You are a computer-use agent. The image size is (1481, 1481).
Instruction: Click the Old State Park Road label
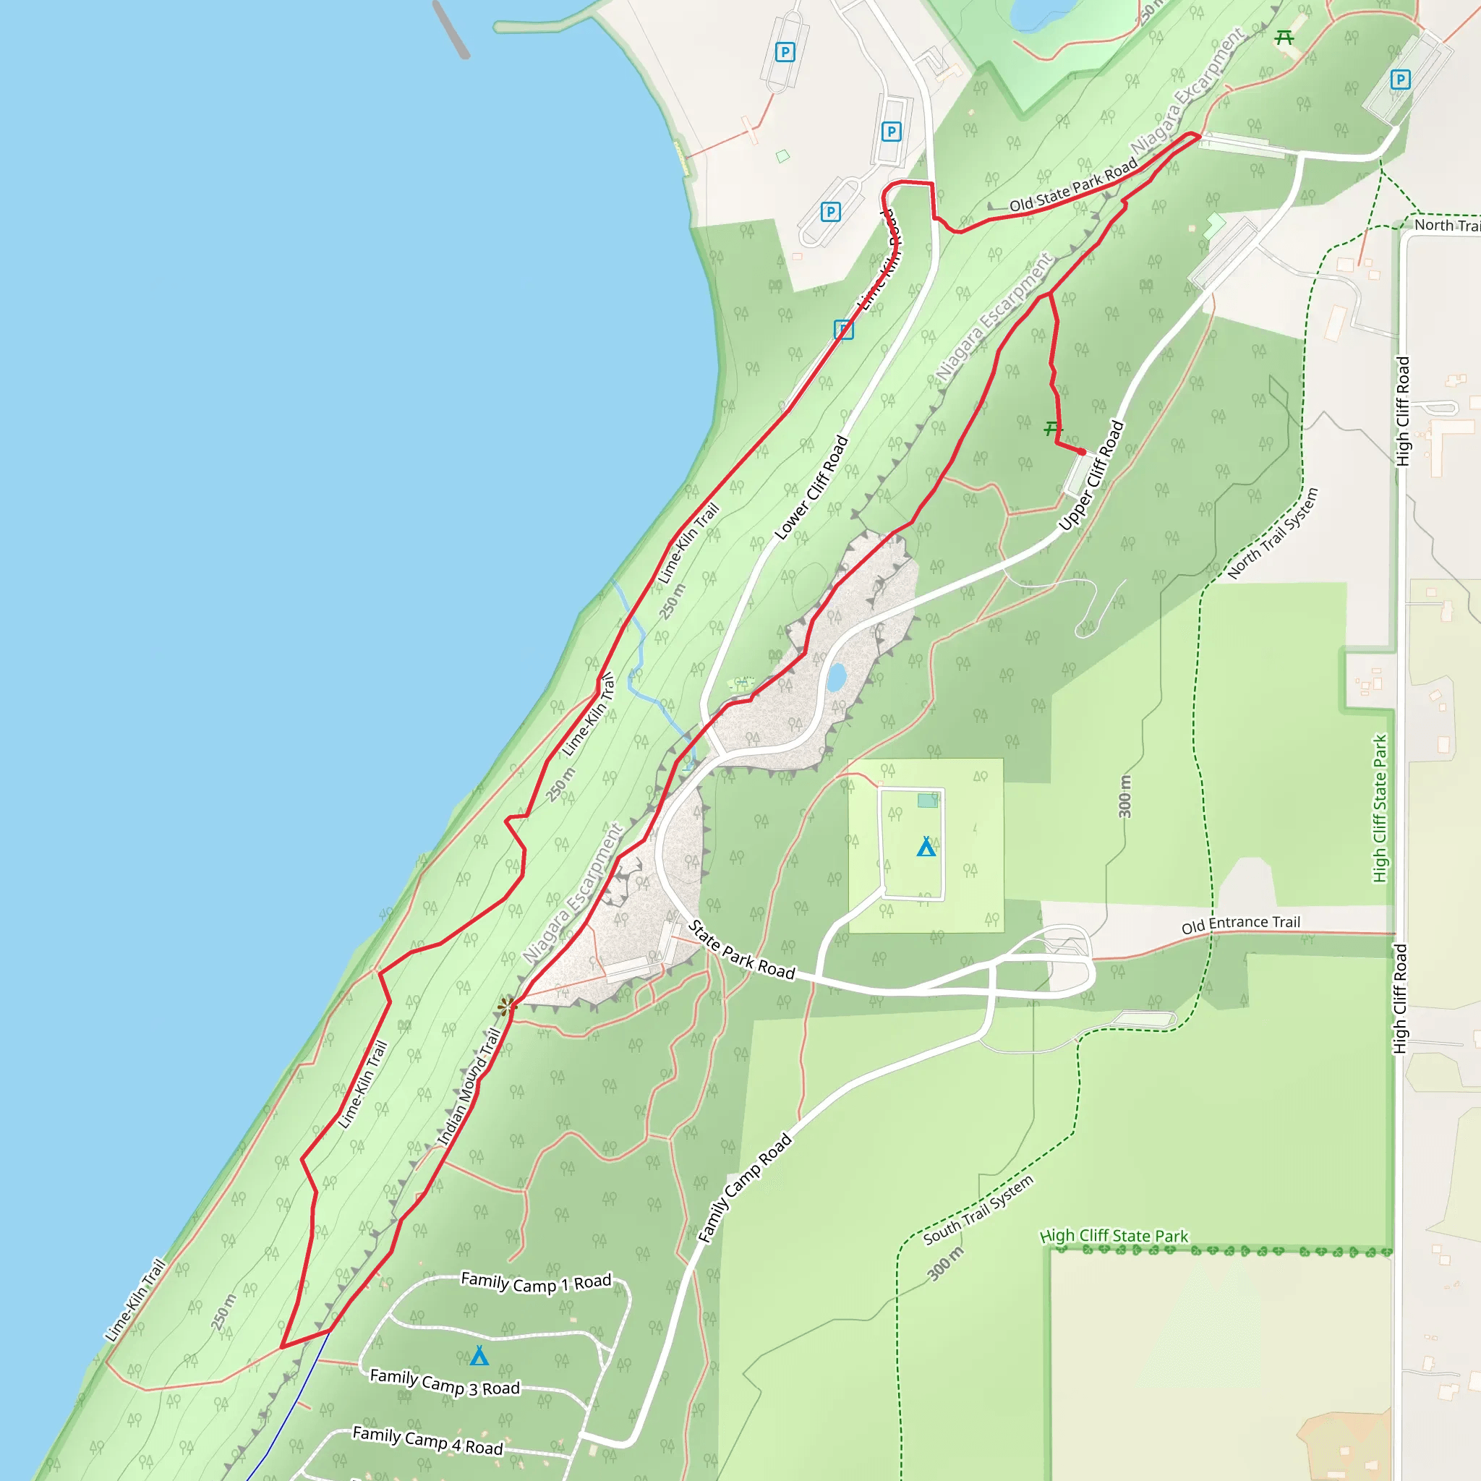click(1073, 184)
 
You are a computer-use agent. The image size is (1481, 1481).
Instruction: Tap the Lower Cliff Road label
click(811, 487)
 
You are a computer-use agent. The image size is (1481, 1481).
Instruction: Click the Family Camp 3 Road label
click(445, 1383)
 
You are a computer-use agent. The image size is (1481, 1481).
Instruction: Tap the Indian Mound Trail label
click(469, 1087)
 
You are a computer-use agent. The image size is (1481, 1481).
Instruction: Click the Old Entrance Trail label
click(1240, 923)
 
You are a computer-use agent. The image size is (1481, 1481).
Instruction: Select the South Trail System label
click(978, 1211)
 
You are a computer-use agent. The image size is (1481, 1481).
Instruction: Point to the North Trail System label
click(1273, 533)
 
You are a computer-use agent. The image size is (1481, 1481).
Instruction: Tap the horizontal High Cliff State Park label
click(1113, 1236)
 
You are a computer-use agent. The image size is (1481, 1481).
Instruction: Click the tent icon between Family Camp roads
click(479, 1356)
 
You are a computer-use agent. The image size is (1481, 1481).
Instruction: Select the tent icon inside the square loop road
click(926, 847)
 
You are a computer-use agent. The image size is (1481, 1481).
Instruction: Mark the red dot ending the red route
click(1082, 451)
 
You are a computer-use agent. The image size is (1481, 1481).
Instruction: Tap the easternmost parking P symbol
click(1401, 79)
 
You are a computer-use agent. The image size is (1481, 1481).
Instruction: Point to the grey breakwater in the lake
click(451, 29)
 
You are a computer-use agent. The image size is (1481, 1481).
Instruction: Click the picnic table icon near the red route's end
click(1053, 429)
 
